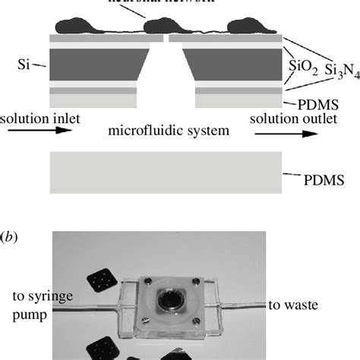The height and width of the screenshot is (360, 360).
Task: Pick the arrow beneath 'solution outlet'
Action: tap(285, 134)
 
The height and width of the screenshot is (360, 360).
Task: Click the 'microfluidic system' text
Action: tap(169, 131)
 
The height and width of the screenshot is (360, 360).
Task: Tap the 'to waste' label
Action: tap(297, 305)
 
